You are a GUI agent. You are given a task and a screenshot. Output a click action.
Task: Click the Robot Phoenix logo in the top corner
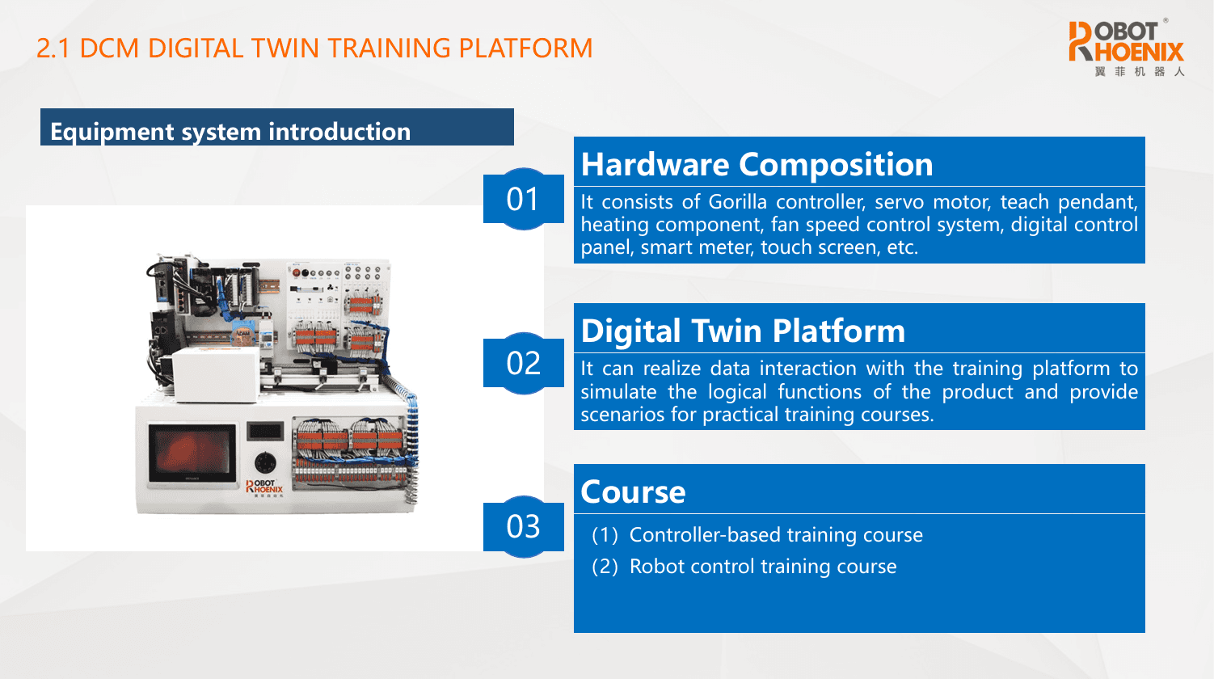[x=1126, y=48]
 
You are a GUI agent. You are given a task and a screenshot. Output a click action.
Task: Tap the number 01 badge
[x=523, y=199]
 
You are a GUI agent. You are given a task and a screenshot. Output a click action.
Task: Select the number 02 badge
[x=523, y=363]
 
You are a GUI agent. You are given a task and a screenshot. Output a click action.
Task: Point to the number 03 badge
[x=523, y=527]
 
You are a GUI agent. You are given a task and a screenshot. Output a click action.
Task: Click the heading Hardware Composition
[x=757, y=164]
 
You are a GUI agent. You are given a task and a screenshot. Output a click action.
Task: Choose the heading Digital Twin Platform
[x=743, y=331]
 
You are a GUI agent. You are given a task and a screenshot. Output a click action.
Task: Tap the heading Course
[x=633, y=492]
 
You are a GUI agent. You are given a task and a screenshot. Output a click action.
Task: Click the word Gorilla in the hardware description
[x=738, y=202]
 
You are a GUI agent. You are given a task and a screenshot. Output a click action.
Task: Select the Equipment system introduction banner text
[x=230, y=132]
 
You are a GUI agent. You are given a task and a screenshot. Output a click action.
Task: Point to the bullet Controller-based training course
[x=776, y=535]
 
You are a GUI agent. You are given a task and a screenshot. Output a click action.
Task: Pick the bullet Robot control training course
[x=762, y=567]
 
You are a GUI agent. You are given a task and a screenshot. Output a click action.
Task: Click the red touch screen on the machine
[x=192, y=453]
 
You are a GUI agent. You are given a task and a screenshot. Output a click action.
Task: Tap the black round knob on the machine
[x=266, y=464]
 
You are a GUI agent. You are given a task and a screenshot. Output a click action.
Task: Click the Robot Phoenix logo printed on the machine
[x=264, y=487]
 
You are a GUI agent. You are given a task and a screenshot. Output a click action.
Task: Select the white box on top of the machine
[x=216, y=375]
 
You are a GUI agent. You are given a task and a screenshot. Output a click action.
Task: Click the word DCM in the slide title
[x=109, y=48]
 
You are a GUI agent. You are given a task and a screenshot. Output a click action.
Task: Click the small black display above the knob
[x=265, y=432]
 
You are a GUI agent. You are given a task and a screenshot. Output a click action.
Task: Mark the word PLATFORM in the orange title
[x=525, y=48]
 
